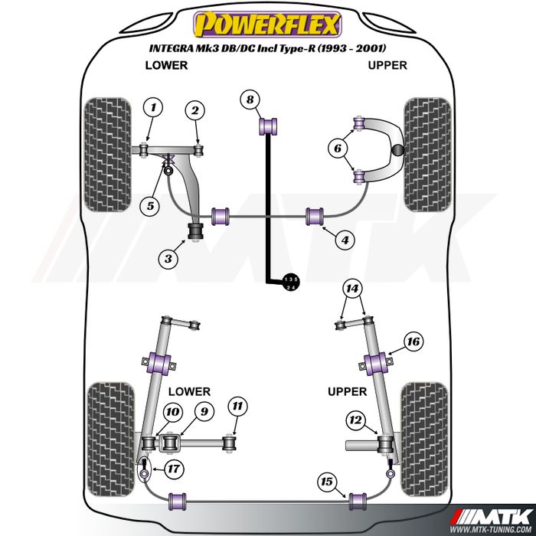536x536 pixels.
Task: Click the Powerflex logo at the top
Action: pos(268,25)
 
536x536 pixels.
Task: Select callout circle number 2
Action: pos(195,111)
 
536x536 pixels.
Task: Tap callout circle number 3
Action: pos(168,259)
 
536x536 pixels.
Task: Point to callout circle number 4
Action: pos(345,240)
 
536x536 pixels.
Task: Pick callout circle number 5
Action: pos(151,205)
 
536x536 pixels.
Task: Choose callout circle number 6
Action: pos(337,149)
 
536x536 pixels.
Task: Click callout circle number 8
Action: pos(250,99)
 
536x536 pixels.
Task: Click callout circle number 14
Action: pos(351,289)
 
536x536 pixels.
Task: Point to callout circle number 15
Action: pos(327,482)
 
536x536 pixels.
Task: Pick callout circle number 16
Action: pos(413,342)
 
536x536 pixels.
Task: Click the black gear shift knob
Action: pos(292,283)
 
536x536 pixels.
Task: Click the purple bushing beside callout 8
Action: pos(270,123)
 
